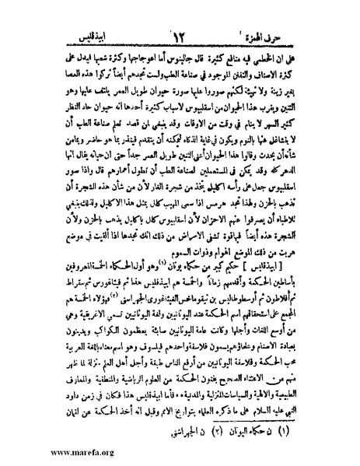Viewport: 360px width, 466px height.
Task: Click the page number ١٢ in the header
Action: (178, 13)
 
